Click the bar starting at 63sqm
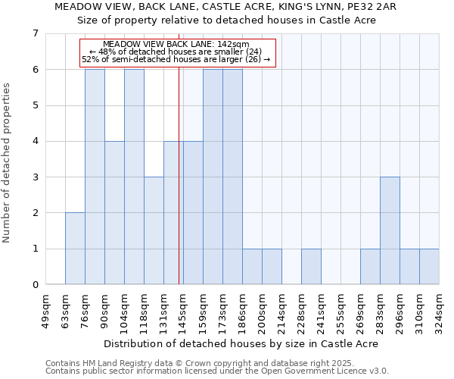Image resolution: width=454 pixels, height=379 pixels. point(75,249)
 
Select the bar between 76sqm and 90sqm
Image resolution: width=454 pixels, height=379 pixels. point(95,177)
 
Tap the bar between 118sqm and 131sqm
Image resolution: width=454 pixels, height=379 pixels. point(154,230)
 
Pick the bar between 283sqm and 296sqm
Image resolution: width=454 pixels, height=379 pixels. point(390,230)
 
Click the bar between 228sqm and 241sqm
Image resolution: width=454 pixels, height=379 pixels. point(311,267)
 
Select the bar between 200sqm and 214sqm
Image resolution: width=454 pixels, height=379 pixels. point(272,267)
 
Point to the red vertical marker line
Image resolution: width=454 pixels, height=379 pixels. point(179,174)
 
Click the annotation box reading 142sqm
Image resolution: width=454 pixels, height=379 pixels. point(178,52)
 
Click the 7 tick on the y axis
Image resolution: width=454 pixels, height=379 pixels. point(35,33)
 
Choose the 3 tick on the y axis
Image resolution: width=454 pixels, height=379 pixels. point(35,177)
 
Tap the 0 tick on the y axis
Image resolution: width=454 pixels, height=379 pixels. point(35,285)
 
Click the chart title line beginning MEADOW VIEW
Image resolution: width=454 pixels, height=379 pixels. point(227,6)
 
